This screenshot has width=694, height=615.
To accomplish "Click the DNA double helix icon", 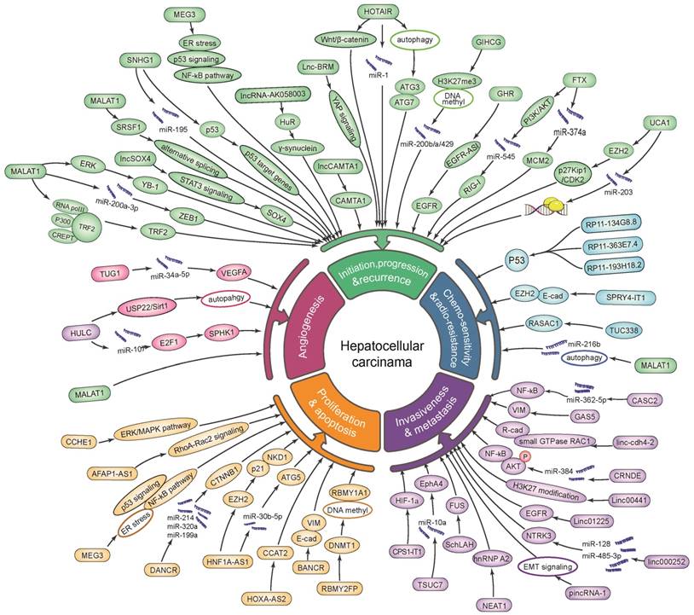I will coord(547,205).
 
